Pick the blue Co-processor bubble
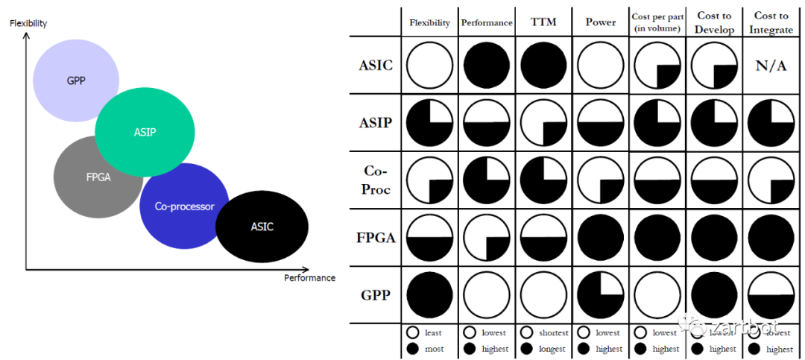click(x=184, y=206)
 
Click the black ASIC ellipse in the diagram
click(x=262, y=227)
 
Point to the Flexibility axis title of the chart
click(x=28, y=24)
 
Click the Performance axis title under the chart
click(x=309, y=278)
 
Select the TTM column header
click(x=545, y=22)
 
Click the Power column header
click(x=602, y=22)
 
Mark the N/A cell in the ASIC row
click(x=771, y=66)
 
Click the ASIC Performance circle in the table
click(x=487, y=66)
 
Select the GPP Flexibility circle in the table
click(x=429, y=294)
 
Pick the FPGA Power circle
click(x=601, y=238)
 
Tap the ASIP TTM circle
click(x=544, y=123)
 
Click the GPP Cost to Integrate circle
click(x=771, y=294)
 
